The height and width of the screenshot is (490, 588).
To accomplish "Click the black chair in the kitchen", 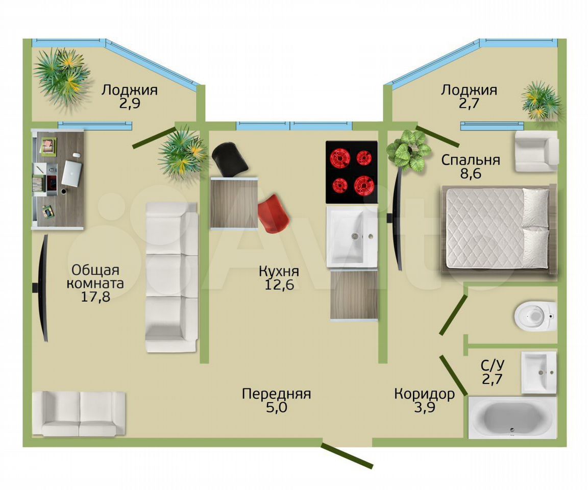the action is click(x=230, y=159).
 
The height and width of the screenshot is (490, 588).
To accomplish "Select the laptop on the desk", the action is click(x=71, y=173).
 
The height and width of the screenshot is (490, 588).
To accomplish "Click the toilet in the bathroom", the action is click(x=535, y=315).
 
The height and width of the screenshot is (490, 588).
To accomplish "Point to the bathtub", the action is click(x=512, y=418).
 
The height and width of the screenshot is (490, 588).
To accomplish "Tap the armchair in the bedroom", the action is click(x=536, y=151).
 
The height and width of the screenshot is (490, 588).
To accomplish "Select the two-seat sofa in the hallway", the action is click(x=79, y=414).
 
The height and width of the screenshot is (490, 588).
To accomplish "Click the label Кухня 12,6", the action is click(x=279, y=278).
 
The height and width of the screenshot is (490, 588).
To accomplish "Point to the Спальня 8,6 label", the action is click(x=471, y=166).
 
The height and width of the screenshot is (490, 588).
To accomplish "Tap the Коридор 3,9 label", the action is click(x=425, y=400).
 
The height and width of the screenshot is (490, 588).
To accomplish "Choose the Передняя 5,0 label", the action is click(x=276, y=400).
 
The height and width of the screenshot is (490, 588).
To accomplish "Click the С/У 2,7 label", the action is click(x=493, y=372).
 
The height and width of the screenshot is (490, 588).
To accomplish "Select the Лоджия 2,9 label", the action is click(x=130, y=96).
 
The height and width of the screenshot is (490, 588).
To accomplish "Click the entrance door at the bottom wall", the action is click(x=347, y=455).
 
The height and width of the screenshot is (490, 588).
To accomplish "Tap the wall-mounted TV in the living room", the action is click(x=42, y=288).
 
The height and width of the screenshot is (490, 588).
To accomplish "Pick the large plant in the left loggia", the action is click(x=62, y=76).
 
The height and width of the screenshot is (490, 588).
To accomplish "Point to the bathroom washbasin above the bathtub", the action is click(x=539, y=373).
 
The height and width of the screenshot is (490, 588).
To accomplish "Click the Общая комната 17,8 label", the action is click(x=95, y=283).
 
